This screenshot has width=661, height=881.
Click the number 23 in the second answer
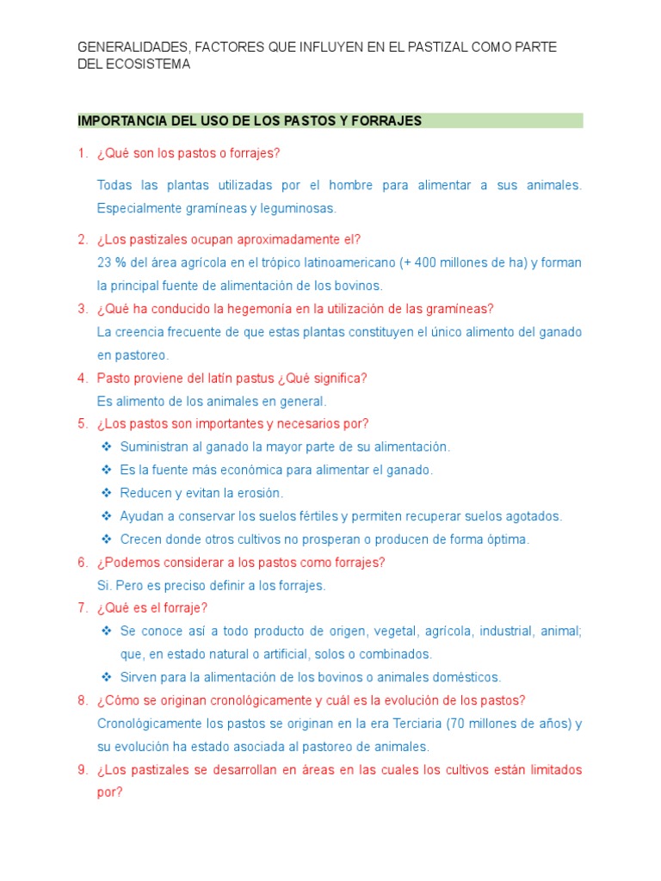point(105,262)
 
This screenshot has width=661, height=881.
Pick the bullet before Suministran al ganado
point(107,447)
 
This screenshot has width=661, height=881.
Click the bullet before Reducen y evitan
point(107,493)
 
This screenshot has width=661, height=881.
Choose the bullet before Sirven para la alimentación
point(107,677)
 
